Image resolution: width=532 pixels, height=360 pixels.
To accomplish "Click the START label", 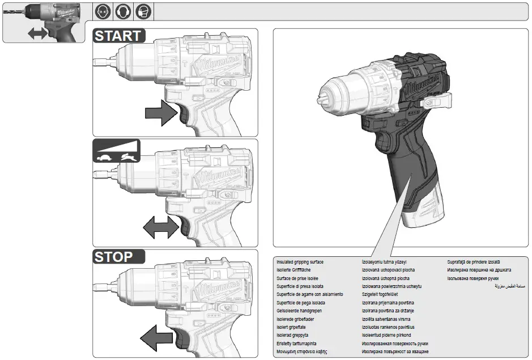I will coord(118,36).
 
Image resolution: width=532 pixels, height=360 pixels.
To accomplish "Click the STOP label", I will coord(114,257).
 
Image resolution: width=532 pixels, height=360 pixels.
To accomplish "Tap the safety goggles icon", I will coord(103,11).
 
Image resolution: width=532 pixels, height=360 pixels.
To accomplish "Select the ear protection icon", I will coord(123,11).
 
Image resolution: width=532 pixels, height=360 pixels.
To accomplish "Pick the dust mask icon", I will coord(143,11).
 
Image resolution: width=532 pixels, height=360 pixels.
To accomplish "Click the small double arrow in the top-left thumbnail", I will coord(38,33).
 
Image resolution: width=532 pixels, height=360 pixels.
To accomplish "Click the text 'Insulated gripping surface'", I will coord(300,262).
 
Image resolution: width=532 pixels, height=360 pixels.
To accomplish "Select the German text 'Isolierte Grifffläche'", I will coord(295,270).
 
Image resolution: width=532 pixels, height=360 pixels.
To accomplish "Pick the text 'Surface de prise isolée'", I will coord(297,278).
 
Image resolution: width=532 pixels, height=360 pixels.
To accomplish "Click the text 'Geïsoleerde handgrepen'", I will coord(299,311).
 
